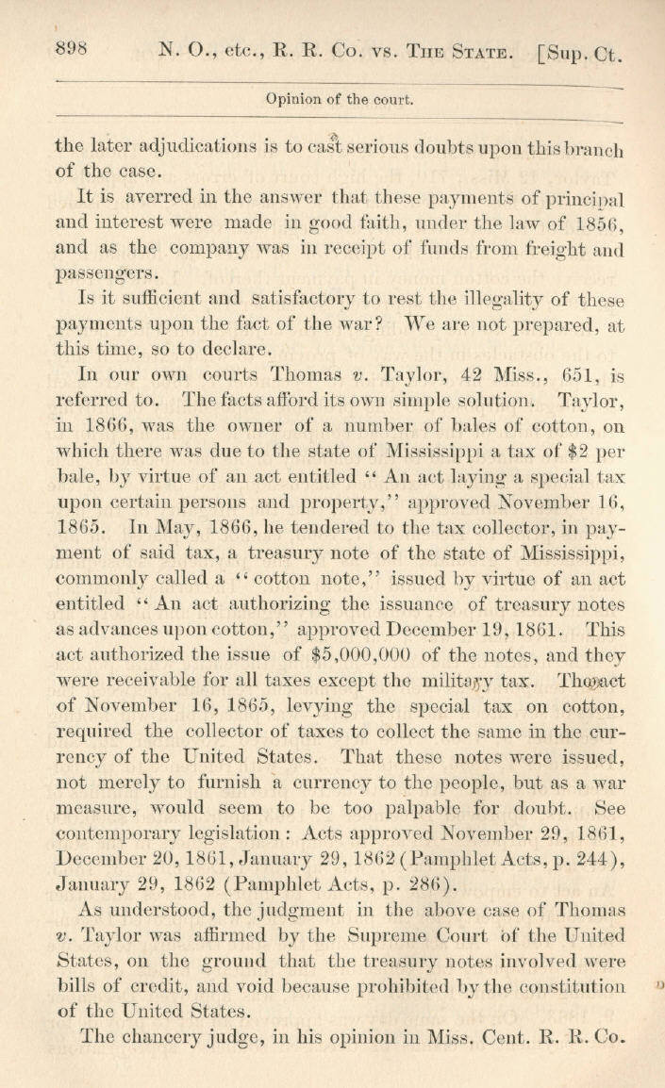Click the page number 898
tap(72, 50)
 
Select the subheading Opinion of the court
tap(341, 97)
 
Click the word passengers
tap(107, 274)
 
